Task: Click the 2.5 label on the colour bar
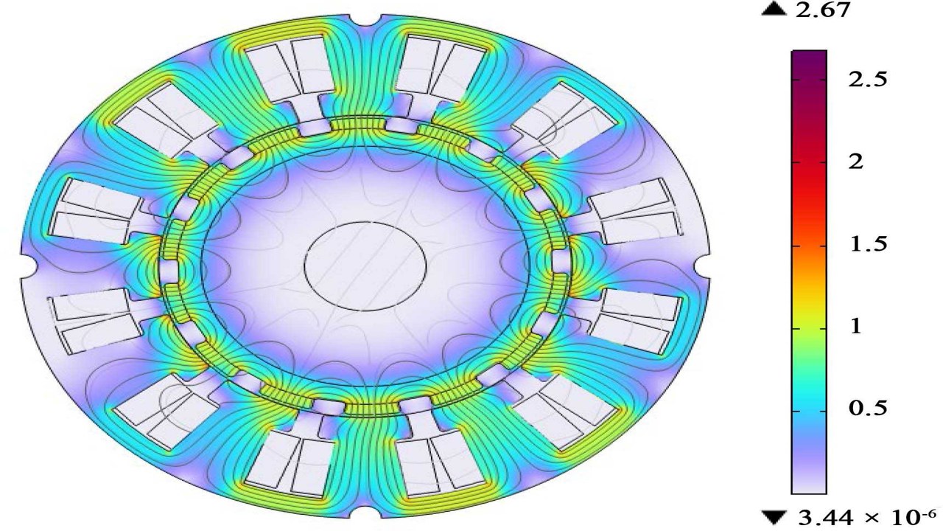(867, 80)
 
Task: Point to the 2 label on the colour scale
(856, 162)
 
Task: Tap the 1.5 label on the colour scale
(868, 244)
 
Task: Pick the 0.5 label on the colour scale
(867, 408)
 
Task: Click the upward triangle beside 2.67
(774, 10)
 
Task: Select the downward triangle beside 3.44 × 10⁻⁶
(774, 518)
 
